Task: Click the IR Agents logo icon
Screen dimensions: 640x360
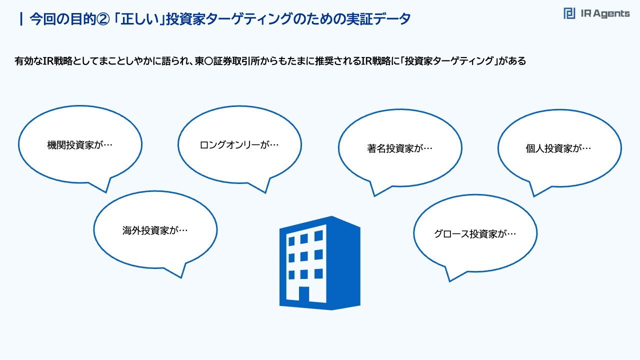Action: point(569,13)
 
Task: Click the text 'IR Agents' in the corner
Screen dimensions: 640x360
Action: point(605,13)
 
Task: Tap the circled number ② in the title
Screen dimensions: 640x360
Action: point(103,19)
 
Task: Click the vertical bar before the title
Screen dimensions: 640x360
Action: point(21,19)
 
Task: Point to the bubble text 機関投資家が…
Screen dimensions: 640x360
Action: point(79,145)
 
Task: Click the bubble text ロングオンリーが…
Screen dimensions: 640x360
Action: point(239,145)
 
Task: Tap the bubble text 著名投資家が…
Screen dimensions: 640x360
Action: point(399,148)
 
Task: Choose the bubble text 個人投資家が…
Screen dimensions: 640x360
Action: point(558,148)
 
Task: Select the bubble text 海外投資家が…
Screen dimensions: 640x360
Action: point(155,230)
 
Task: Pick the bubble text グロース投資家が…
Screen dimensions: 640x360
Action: point(475,233)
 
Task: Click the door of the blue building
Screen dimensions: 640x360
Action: point(303,293)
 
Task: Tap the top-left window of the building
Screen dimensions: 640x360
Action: point(291,241)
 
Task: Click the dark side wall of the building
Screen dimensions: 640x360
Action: point(346,263)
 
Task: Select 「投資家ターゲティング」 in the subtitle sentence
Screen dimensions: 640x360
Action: point(449,61)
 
